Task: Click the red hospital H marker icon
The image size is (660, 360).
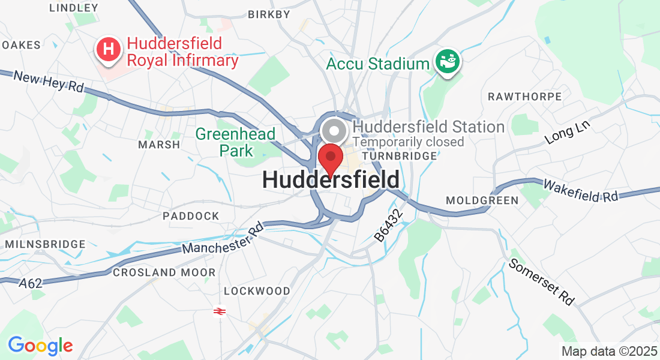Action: (x=109, y=49)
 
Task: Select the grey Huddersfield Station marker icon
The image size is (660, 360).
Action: (x=334, y=131)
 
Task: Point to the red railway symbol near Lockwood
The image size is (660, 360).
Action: (x=220, y=311)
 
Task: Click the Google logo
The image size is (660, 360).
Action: (x=40, y=346)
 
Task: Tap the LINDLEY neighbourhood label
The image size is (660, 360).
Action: (x=73, y=8)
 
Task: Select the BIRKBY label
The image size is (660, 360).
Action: (x=265, y=14)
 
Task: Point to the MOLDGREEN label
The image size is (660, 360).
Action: (x=482, y=200)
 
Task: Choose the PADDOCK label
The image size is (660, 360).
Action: (x=191, y=215)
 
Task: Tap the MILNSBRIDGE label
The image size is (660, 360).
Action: (x=45, y=244)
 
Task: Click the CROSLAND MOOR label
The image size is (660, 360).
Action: (x=164, y=272)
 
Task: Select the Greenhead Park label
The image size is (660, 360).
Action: (x=236, y=142)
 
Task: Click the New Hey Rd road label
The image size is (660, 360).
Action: (x=49, y=82)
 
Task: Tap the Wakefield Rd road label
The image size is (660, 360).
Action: (x=581, y=190)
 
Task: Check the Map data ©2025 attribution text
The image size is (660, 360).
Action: (x=609, y=351)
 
